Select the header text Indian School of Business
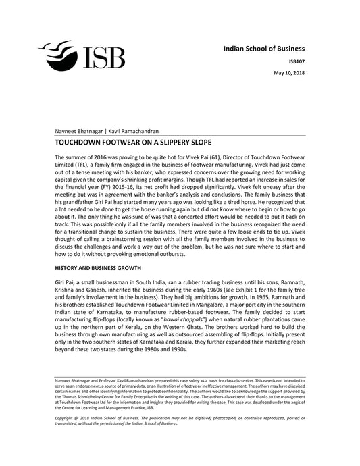coord(264,49)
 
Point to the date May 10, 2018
coord(288,72)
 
